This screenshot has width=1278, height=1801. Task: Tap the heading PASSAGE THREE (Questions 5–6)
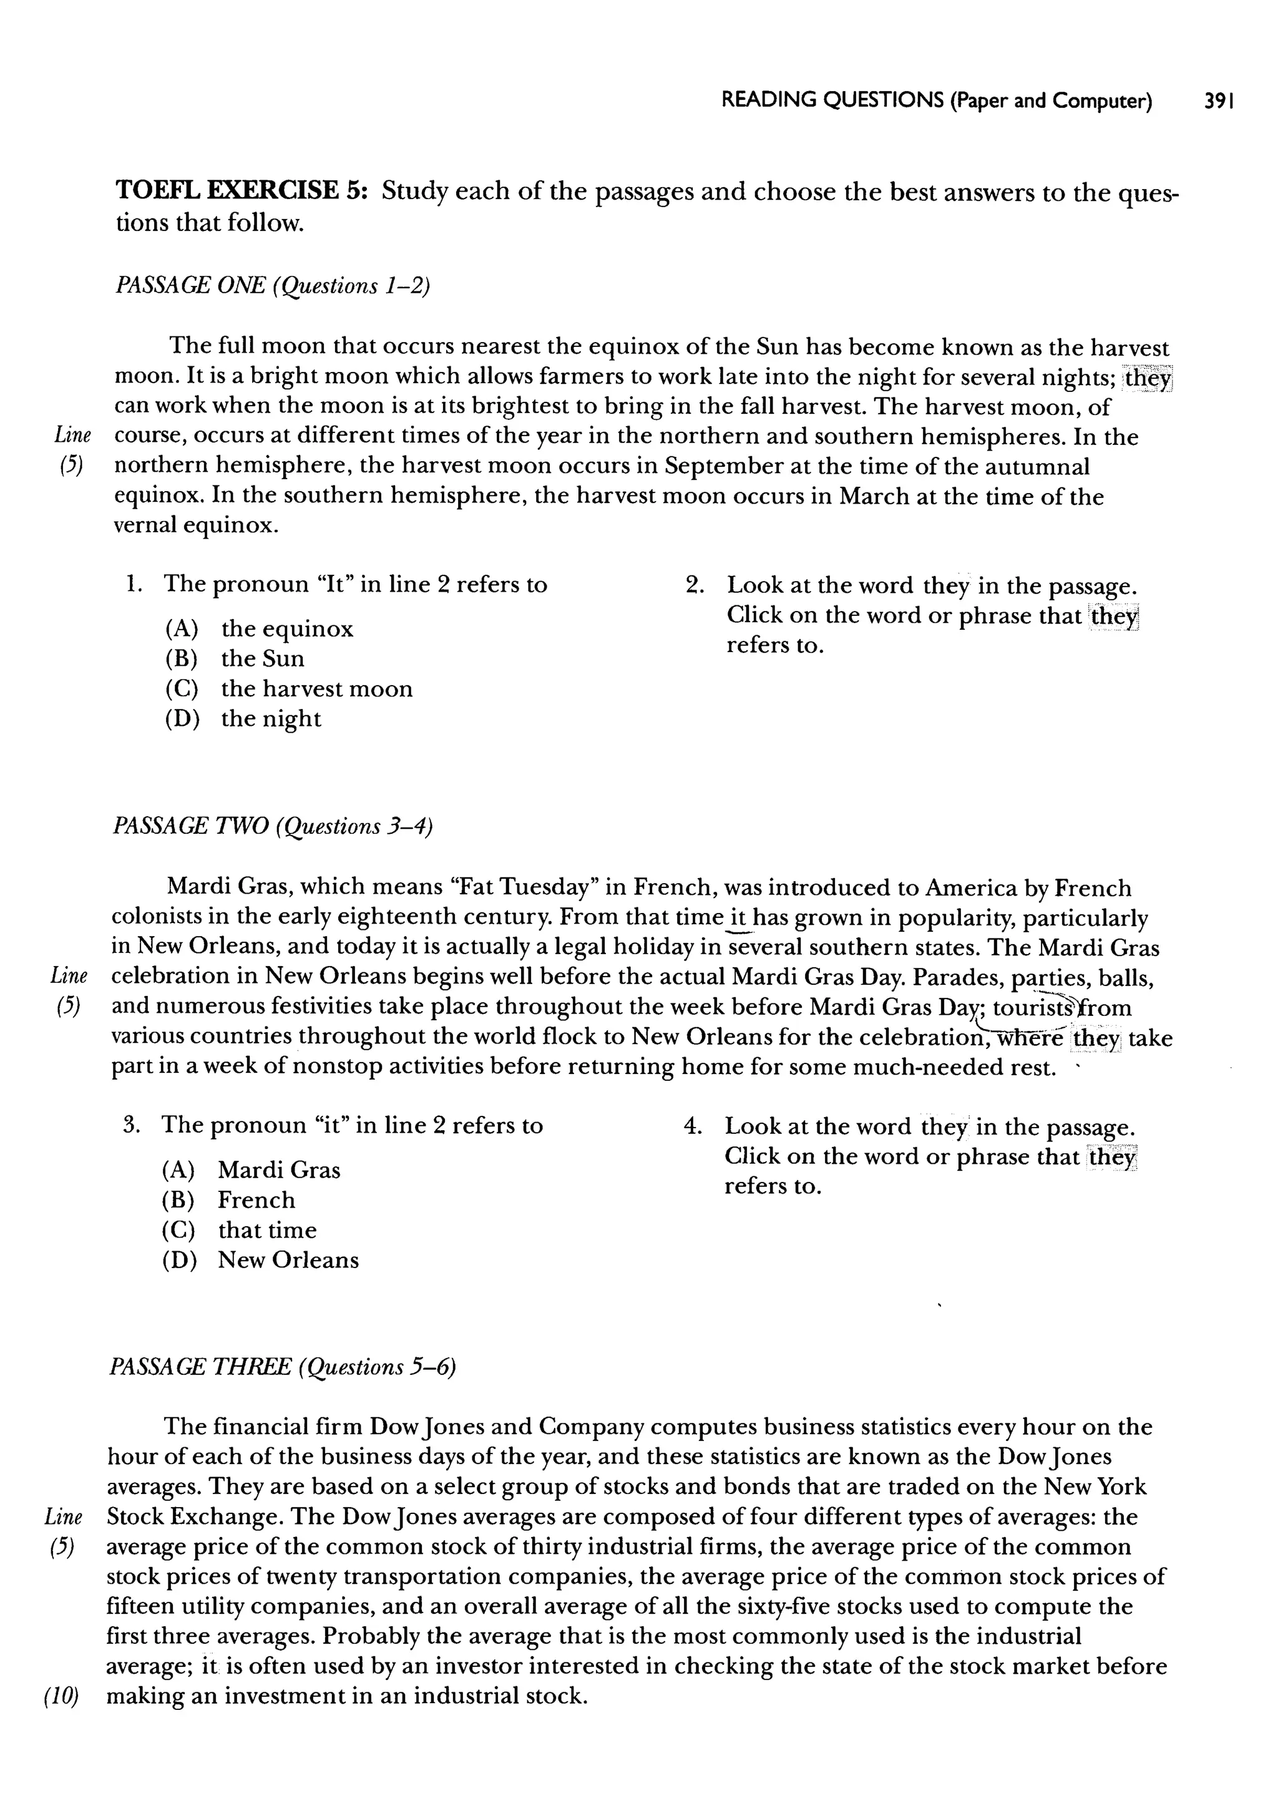(x=283, y=1367)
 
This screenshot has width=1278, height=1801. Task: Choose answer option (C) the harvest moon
(x=289, y=688)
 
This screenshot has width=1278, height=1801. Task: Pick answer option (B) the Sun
(x=235, y=658)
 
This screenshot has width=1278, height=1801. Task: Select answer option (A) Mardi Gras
(x=251, y=1170)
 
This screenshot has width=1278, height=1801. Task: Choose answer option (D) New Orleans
(x=260, y=1260)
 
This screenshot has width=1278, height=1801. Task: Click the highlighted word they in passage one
(x=1148, y=378)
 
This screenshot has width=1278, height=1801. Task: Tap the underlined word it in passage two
(x=738, y=918)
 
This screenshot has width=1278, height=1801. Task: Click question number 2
(x=694, y=585)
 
